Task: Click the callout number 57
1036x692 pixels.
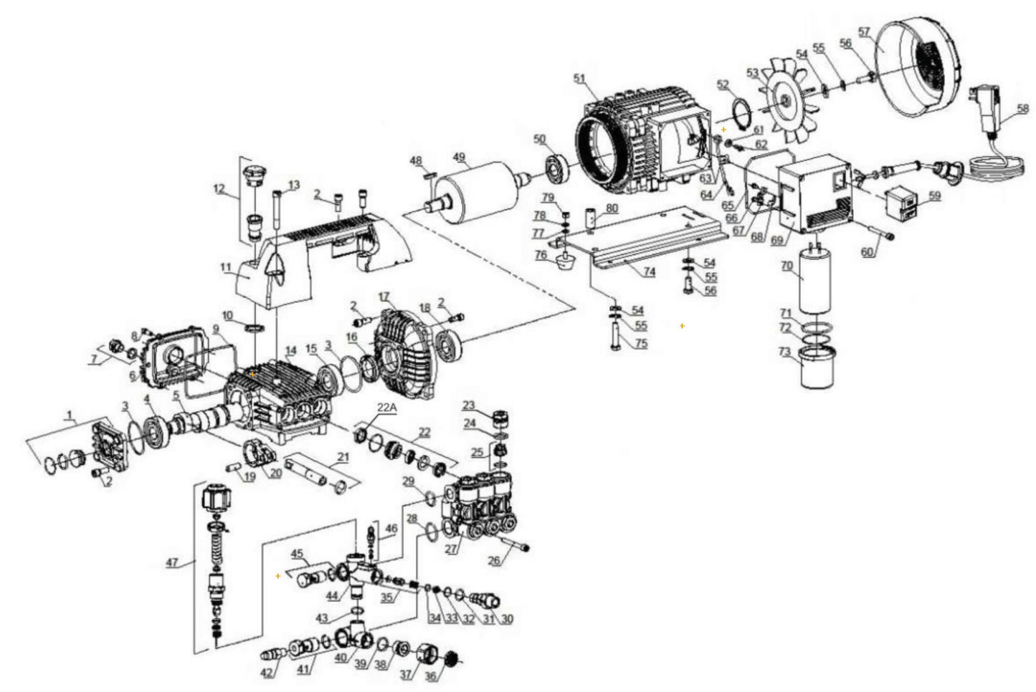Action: (864, 32)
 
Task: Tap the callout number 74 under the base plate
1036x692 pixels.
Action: (649, 272)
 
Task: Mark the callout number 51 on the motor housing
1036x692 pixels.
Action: (580, 78)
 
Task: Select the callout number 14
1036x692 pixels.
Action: (290, 351)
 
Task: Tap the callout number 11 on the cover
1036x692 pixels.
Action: (226, 268)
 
